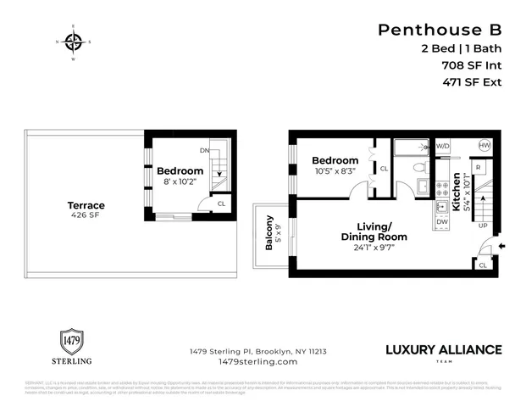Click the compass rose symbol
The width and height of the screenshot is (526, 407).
click(x=73, y=42)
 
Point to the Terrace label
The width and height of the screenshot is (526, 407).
click(x=86, y=205)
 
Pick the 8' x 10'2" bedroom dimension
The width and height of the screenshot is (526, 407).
click(x=180, y=181)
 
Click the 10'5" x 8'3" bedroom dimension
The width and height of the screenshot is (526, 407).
click(x=335, y=171)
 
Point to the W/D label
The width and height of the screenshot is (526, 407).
click(x=442, y=146)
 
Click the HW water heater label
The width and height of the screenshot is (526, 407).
click(x=484, y=146)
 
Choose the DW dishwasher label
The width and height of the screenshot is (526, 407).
click(x=441, y=222)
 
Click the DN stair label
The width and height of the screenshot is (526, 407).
click(x=204, y=150)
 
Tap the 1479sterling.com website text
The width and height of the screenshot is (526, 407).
click(x=258, y=361)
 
